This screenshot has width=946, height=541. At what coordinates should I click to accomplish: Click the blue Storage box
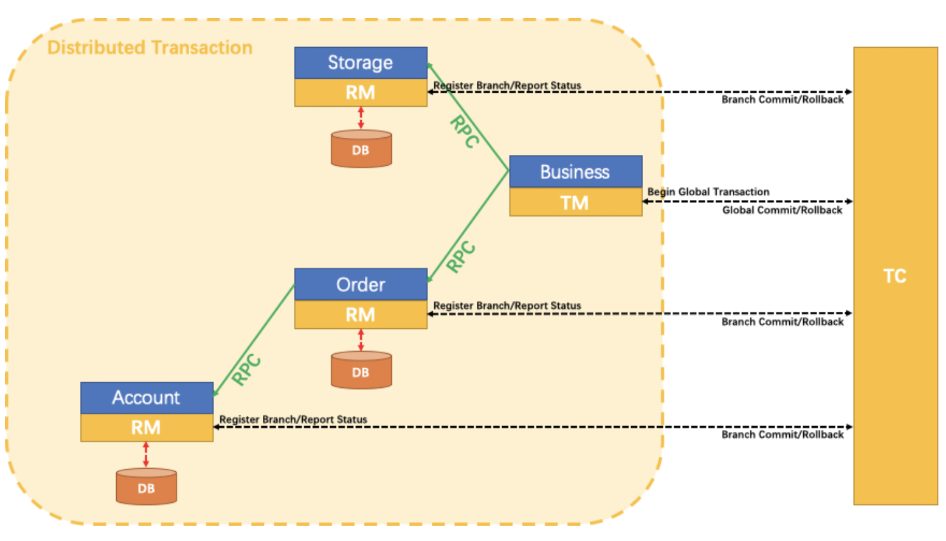click(361, 63)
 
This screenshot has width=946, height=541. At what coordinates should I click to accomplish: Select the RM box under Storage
click(361, 93)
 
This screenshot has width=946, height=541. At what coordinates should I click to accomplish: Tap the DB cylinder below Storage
click(361, 149)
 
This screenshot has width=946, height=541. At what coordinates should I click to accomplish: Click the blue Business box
click(575, 171)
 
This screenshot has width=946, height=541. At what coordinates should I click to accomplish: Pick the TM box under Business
click(575, 203)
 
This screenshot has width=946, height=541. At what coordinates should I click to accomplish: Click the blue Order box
click(361, 284)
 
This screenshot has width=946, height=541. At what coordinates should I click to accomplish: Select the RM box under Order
click(361, 315)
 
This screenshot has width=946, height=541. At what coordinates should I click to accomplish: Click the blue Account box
click(147, 397)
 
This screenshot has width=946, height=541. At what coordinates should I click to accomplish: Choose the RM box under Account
click(147, 428)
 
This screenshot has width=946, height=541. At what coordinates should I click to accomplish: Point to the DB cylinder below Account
click(147, 487)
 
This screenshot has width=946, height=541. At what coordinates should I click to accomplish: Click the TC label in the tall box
click(895, 276)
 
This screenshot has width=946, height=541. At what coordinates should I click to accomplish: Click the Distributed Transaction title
click(150, 48)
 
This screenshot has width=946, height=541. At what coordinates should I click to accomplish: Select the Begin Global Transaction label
click(708, 192)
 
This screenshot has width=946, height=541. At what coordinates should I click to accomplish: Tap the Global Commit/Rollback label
click(782, 210)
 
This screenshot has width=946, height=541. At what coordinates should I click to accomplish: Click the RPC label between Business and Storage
click(465, 131)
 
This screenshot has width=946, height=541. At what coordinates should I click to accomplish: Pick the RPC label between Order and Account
click(246, 370)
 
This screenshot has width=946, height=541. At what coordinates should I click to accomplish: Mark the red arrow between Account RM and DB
click(146, 455)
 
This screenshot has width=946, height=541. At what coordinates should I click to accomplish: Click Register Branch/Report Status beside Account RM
click(293, 419)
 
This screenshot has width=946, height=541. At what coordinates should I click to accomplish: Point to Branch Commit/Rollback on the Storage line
click(782, 100)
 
